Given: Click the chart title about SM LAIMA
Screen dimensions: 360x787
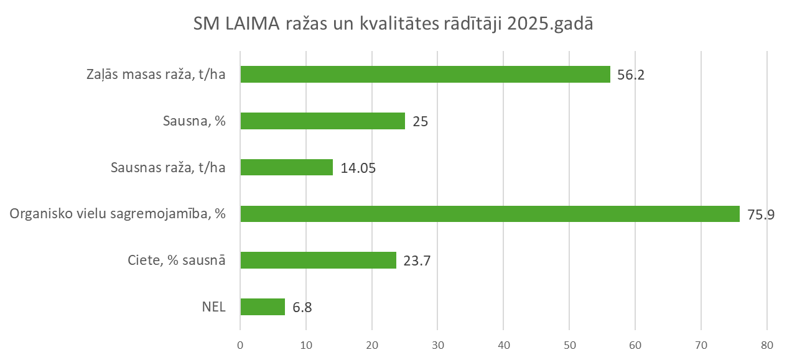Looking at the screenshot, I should pyautogui.click(x=393, y=26).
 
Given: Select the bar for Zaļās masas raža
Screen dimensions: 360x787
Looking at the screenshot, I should pyautogui.click(x=425, y=75).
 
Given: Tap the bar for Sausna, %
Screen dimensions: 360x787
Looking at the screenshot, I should pyautogui.click(x=322, y=121).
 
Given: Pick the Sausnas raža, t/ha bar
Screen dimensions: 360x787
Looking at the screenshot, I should pyautogui.click(x=286, y=167).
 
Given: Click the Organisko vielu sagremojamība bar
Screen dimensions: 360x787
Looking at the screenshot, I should pyautogui.click(x=490, y=214).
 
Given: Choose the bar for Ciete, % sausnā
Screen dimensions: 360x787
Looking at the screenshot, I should pyautogui.click(x=318, y=260).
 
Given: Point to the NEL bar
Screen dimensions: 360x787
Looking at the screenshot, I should pyautogui.click(x=263, y=307).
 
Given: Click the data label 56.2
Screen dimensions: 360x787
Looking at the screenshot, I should pyautogui.click(x=630, y=75).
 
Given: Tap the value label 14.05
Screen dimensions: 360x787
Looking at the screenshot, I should pyautogui.click(x=358, y=168).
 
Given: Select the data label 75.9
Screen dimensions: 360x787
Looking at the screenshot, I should pyautogui.click(x=759, y=215).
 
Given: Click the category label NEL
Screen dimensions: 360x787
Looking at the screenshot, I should pyautogui.click(x=214, y=307).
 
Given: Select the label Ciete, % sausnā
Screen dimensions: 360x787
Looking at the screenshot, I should pyautogui.click(x=172, y=261).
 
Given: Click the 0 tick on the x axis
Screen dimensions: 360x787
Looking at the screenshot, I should pyautogui.click(x=240, y=344).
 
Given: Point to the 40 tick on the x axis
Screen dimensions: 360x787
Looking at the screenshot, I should pyautogui.click(x=503, y=344).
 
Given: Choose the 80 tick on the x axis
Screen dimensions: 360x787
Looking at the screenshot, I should pyautogui.click(x=766, y=344).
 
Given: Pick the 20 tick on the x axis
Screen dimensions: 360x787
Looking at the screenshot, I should pyautogui.click(x=371, y=344).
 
